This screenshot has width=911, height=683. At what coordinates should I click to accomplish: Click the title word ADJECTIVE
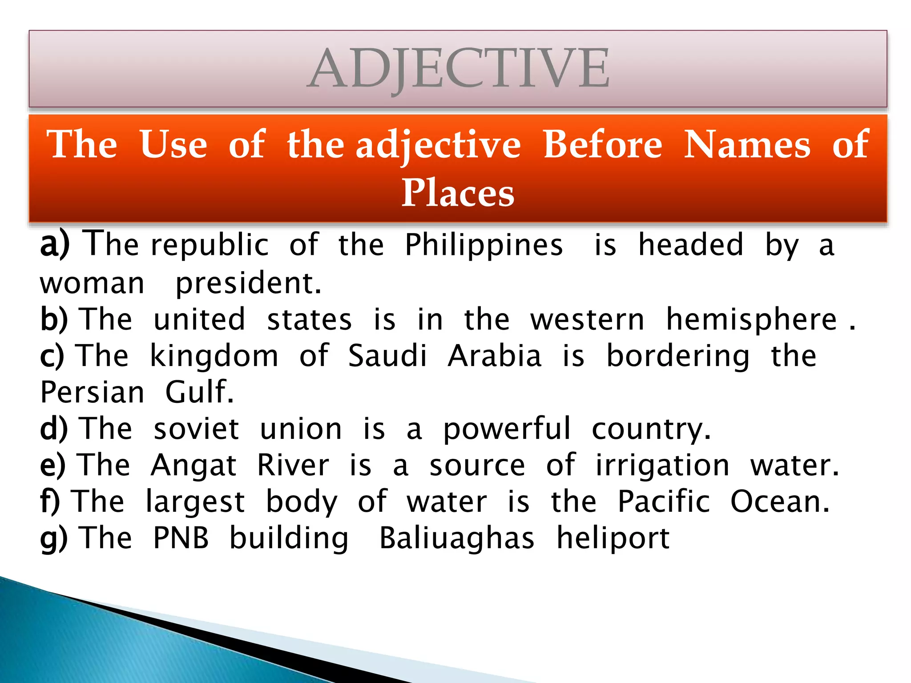tap(458, 69)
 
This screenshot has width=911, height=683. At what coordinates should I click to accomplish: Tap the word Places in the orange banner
tap(458, 193)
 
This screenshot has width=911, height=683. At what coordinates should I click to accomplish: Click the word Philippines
tap(484, 245)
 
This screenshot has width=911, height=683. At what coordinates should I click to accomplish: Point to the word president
tap(248, 283)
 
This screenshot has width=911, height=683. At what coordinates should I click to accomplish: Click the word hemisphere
tap(751, 320)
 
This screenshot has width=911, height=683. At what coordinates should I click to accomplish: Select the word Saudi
tap(387, 356)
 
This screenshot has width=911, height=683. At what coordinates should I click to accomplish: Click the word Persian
tap(93, 393)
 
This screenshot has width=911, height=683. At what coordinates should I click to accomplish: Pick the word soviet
tap(196, 429)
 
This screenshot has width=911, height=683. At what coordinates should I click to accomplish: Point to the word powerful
tap(507, 429)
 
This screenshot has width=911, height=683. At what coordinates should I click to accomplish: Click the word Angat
tap(193, 466)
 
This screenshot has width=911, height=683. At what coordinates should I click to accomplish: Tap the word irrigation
tap(662, 466)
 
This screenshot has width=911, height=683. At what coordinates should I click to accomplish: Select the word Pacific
tap(664, 502)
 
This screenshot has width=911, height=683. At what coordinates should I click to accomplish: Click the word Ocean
tap(780, 502)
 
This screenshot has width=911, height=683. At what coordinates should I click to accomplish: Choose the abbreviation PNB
tap(181, 538)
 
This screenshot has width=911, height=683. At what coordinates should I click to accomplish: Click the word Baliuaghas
tap(456, 538)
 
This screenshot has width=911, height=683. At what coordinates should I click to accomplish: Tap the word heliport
tap(613, 538)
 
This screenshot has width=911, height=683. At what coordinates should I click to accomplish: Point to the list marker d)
tap(54, 429)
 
